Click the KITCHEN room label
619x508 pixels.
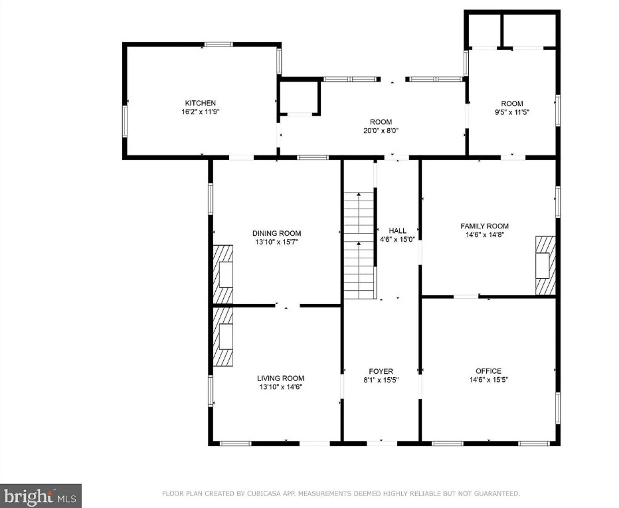pyautogui.click(x=200, y=103)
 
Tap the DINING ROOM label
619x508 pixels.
pyautogui.click(x=277, y=233)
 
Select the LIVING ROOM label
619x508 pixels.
pyautogui.click(x=281, y=378)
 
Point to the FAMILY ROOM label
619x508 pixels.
pyautogui.click(x=484, y=226)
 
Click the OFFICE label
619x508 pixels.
pyautogui.click(x=488, y=371)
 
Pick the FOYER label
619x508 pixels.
pyautogui.click(x=381, y=371)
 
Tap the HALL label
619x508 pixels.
pyautogui.click(x=398, y=231)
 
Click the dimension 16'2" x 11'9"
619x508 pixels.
pyautogui.click(x=200, y=112)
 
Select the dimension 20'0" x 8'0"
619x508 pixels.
pyautogui.click(x=381, y=131)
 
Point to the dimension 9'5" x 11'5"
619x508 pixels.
pyautogui.click(x=512, y=112)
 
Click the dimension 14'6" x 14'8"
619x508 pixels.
pyautogui.click(x=484, y=235)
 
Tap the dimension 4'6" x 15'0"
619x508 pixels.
pyautogui.click(x=398, y=239)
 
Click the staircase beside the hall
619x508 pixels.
pyautogui.click(x=359, y=246)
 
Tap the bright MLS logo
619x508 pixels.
pyautogui.click(x=41, y=496)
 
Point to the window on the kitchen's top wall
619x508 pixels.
pyautogui.click(x=219, y=44)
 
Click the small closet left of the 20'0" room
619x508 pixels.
pyautogui.click(x=300, y=98)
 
